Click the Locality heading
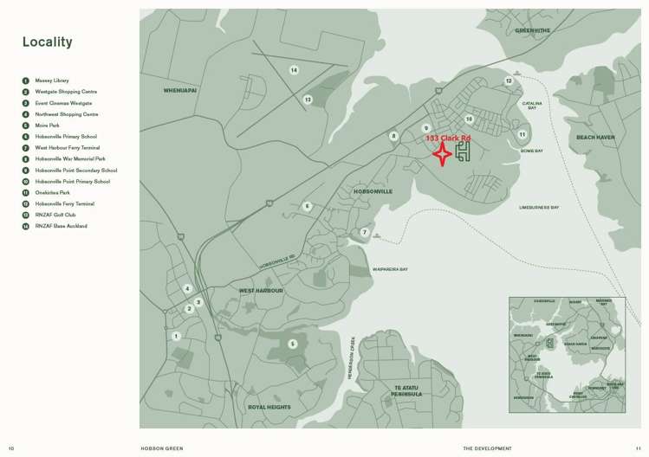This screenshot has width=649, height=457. click(48, 42)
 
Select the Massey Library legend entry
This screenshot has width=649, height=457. click(52, 80)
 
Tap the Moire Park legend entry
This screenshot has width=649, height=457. click(48, 126)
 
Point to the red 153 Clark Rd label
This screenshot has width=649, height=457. click(448, 138)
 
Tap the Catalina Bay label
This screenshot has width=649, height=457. click(532, 106)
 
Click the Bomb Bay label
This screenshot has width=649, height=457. click(531, 151)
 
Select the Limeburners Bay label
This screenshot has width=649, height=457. click(539, 208)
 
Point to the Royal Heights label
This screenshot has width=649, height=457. click(269, 407)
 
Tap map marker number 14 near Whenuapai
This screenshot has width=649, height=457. click(294, 69)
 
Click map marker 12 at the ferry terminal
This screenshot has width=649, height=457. click(509, 81)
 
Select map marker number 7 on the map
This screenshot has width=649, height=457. click(365, 233)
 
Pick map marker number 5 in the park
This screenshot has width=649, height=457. click(293, 344)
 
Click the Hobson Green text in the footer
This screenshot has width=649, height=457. click(162, 448)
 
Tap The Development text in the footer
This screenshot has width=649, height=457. click(481, 448)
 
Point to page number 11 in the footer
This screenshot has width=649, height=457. click(639, 448)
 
